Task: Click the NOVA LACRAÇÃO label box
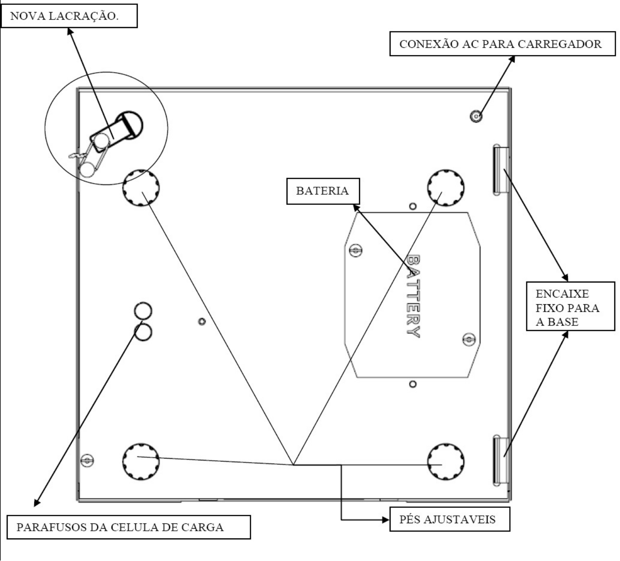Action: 69,16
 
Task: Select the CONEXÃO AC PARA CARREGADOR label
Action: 503,43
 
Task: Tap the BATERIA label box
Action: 323,191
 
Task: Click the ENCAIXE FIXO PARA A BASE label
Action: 570,306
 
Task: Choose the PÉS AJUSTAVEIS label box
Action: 449,519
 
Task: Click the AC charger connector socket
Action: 476,116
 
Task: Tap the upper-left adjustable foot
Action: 141,188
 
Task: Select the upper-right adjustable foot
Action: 446,188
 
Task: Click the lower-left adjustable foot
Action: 141,462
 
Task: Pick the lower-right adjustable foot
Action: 446,462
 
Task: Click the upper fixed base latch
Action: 501,170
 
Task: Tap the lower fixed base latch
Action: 501,461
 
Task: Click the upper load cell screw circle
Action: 143,311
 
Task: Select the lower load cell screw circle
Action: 143,332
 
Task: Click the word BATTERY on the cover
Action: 413,296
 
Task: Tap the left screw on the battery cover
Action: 356,250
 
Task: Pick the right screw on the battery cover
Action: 469,340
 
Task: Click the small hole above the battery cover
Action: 413,206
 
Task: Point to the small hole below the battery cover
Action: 413,384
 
